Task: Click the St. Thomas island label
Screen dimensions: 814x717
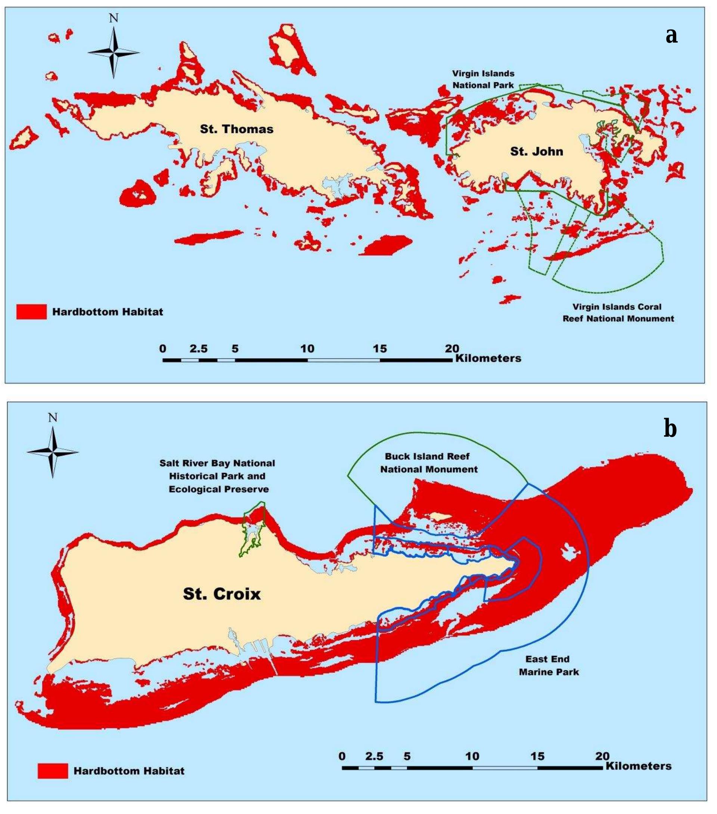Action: pyautogui.click(x=236, y=129)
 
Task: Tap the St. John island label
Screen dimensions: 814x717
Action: pyautogui.click(x=536, y=151)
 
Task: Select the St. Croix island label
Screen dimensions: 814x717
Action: pyautogui.click(x=222, y=594)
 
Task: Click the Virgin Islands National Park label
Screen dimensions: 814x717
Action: pyautogui.click(x=483, y=79)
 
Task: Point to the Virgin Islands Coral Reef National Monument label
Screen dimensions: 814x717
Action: pyautogui.click(x=618, y=313)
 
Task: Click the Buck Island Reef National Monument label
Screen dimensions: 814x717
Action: pyautogui.click(x=428, y=463)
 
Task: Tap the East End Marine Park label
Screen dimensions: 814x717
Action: pyautogui.click(x=549, y=665)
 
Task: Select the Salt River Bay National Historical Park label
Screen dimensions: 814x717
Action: pyautogui.click(x=218, y=476)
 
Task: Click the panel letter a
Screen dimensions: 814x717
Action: pyautogui.click(x=671, y=35)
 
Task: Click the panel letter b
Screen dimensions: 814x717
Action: pyautogui.click(x=670, y=428)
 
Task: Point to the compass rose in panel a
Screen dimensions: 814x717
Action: pyautogui.click(x=114, y=52)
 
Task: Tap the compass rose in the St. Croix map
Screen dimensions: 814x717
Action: pyautogui.click(x=53, y=452)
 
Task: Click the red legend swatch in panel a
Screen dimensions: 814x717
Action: pyautogui.click(x=31, y=312)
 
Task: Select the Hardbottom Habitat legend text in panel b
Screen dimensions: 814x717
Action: pyautogui.click(x=129, y=771)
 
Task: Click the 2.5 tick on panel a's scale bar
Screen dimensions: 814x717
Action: pyautogui.click(x=198, y=349)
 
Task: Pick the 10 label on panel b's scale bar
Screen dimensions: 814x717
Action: pyautogui.click(x=472, y=756)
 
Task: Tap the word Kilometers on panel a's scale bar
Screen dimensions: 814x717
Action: pyautogui.click(x=488, y=358)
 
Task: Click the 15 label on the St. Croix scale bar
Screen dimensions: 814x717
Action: pyautogui.click(x=537, y=756)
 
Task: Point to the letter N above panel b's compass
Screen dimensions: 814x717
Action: pyautogui.click(x=53, y=417)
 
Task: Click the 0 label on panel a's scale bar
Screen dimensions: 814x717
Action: pyautogui.click(x=162, y=349)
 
